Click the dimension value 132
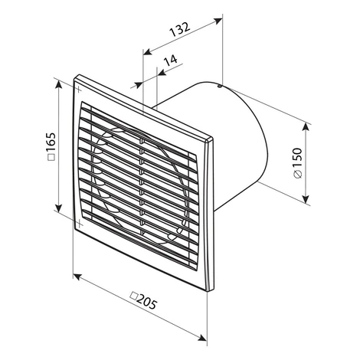pyautogui.click(x=180, y=29)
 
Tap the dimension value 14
pyautogui.click(x=170, y=61)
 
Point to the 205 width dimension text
pyautogui.click(x=146, y=303)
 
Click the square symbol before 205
pyautogui.click(x=133, y=296)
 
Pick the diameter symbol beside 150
pyautogui.click(x=298, y=174)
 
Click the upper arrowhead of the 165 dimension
pyautogui.click(x=59, y=84)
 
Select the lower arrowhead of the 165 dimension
pyautogui.click(x=59, y=208)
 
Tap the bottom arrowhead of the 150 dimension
pyautogui.click(x=306, y=199)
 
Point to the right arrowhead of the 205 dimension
pyautogui.click(x=202, y=338)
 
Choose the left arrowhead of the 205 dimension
pyautogui.click(x=77, y=277)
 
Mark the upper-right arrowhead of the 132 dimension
pyautogui.click(x=218, y=21)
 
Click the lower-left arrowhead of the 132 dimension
pyautogui.click(x=147, y=52)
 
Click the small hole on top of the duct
pyautogui.click(x=219, y=87)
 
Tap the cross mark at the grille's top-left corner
pyautogui.click(x=78, y=90)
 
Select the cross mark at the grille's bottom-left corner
pyautogui.click(x=80, y=223)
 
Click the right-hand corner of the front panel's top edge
pyautogui.click(x=212, y=138)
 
